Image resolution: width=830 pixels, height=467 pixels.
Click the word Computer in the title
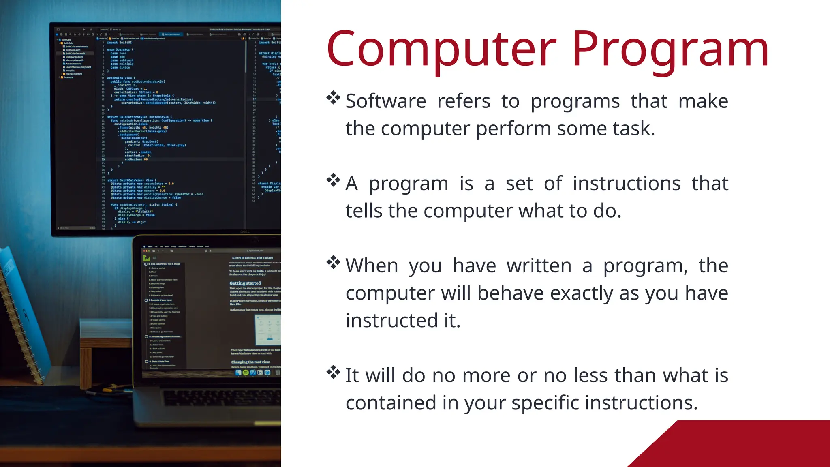[x=442, y=49]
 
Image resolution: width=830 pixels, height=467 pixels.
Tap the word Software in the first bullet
[x=385, y=101]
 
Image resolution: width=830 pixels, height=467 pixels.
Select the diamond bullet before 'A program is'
[x=333, y=180]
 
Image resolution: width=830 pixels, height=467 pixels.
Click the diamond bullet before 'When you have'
[x=333, y=262]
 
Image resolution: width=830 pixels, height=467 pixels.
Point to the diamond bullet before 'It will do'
[x=333, y=372]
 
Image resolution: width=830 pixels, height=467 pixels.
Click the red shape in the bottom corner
[x=750, y=446]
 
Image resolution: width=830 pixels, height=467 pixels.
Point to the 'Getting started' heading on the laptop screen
[x=245, y=283]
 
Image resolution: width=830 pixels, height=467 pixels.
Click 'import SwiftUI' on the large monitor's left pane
[x=120, y=43]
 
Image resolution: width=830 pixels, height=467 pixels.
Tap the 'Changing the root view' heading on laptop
[x=250, y=362]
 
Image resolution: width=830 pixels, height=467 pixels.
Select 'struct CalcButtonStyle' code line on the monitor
[x=138, y=117]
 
